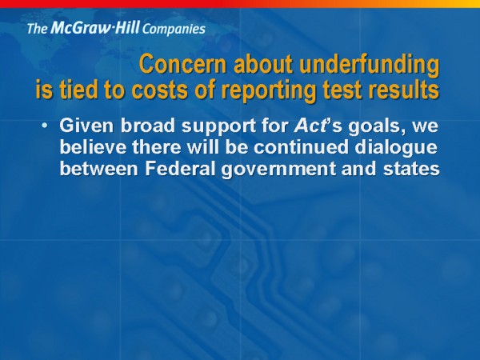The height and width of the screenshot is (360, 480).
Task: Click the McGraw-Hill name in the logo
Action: [x=95, y=27]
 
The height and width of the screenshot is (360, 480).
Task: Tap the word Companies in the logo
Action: [x=174, y=29]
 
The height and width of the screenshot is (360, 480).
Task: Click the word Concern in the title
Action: [x=182, y=64]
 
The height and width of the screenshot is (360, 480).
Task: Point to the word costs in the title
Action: [x=159, y=90]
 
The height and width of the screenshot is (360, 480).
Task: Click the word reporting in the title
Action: [x=269, y=91]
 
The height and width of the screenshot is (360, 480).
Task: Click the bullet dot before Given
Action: [x=45, y=126]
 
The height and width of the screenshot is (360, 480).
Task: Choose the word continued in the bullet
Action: [x=301, y=147]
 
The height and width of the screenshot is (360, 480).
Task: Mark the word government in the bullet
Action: [x=278, y=170]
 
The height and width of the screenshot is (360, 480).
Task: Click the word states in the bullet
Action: [x=411, y=169]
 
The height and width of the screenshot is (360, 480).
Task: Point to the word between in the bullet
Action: [x=99, y=168]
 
